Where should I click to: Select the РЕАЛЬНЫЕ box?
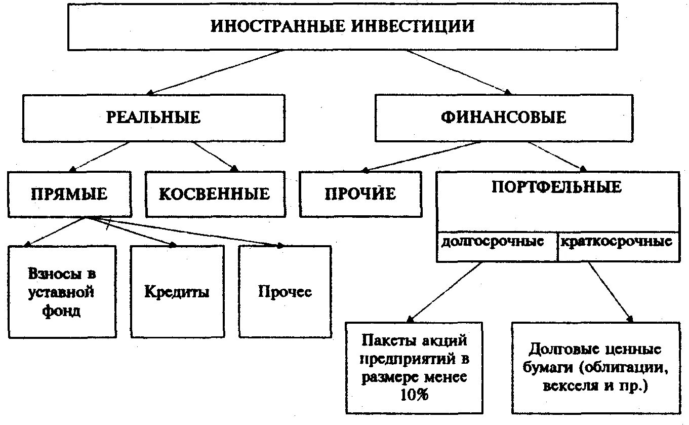(x=153, y=118)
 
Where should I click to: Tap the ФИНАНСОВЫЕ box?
(x=503, y=118)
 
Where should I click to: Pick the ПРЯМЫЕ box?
(x=69, y=194)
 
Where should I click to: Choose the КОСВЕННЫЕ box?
(x=215, y=194)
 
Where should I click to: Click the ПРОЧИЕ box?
(x=360, y=194)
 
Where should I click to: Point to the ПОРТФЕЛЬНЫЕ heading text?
(x=556, y=187)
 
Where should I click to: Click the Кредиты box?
(x=177, y=292)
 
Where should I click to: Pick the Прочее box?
(x=285, y=292)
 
